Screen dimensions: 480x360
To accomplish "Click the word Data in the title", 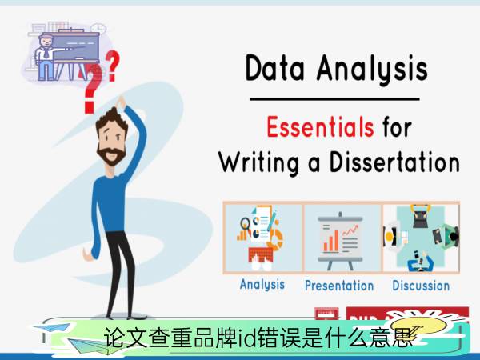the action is (274, 68).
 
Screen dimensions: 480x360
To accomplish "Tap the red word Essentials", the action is (320, 126).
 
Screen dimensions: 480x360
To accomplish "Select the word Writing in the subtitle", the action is (259, 162).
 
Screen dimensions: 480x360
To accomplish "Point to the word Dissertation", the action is (395, 162).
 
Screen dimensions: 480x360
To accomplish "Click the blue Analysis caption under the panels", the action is (262, 285).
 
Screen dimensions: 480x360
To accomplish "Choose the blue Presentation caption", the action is (339, 286).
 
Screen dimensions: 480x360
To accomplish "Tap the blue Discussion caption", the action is (421, 286).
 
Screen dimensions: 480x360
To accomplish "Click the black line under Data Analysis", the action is (334, 99).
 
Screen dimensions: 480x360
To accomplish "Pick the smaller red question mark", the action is (112, 66).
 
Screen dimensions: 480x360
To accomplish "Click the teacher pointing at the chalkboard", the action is (46, 58).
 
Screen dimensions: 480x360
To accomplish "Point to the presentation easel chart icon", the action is (340, 241).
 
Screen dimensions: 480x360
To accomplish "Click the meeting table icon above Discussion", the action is (421, 238).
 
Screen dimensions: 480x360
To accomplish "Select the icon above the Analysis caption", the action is (261, 238).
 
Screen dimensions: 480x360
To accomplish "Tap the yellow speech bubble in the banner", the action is (418, 326).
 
